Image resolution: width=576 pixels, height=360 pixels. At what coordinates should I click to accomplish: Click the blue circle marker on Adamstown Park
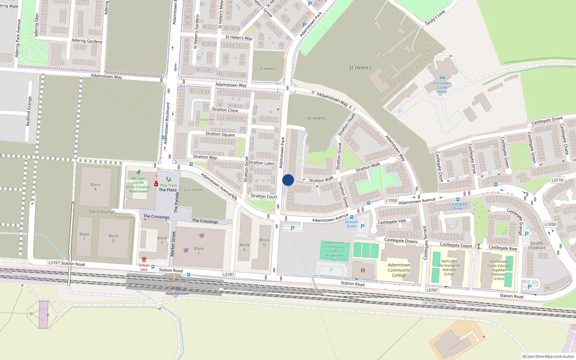(288, 180)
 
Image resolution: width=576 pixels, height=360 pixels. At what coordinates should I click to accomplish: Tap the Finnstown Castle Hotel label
(442, 87)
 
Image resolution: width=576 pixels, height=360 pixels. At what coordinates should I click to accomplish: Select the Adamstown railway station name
(177, 293)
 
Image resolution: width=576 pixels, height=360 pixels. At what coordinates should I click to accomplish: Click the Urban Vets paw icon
(144, 259)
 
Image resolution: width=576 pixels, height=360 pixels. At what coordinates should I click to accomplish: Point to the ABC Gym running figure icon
(138, 172)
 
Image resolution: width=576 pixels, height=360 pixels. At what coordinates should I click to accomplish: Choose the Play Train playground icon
(168, 179)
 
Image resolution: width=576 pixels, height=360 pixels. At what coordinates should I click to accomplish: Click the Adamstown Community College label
(399, 270)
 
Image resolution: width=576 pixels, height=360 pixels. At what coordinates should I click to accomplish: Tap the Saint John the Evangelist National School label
(449, 267)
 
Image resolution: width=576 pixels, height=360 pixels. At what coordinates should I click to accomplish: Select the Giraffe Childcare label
(537, 246)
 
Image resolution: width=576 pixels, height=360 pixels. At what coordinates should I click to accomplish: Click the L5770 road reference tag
(557, 180)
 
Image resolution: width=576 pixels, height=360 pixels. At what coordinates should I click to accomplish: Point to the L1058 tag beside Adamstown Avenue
(391, 201)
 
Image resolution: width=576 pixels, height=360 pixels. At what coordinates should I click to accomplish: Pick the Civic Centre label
(193, 190)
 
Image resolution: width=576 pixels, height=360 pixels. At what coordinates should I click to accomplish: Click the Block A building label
(95, 187)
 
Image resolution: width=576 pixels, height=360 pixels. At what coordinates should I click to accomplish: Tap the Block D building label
(113, 238)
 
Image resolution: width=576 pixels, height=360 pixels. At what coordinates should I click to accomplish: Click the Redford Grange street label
(29, 111)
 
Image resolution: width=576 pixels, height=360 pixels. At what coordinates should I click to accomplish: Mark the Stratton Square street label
(220, 134)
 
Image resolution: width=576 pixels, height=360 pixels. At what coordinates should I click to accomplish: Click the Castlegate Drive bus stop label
(458, 206)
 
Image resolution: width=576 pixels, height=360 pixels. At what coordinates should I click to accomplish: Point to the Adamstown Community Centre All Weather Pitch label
(335, 251)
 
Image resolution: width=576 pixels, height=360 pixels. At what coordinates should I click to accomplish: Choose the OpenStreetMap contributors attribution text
(548, 356)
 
